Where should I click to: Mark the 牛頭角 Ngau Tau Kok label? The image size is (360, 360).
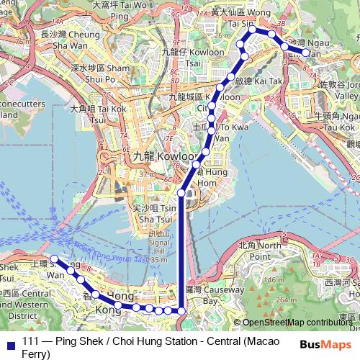(x=336, y=120)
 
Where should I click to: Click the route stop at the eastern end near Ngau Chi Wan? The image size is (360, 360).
(x=305, y=53)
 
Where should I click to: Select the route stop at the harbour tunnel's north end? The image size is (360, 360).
(x=181, y=192)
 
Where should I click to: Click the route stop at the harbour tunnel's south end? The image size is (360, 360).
(x=181, y=310)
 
